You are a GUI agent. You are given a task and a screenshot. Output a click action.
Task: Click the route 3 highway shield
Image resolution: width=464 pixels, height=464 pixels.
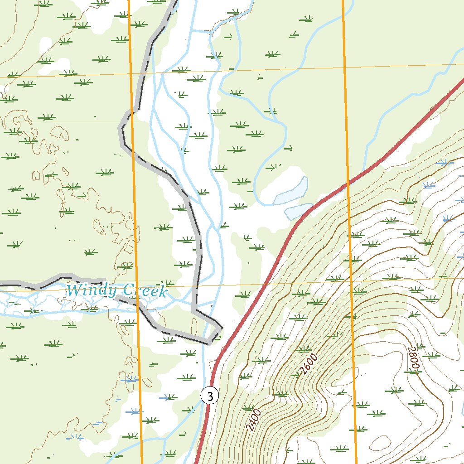tap(209, 396)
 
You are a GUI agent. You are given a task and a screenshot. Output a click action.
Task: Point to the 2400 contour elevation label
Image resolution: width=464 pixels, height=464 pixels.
tap(254, 419)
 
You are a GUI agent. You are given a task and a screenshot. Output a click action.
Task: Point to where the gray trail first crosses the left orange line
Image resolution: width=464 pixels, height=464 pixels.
tap(132, 110)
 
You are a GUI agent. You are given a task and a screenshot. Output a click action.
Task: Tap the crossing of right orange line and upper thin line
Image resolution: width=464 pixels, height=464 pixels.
tap(344, 68)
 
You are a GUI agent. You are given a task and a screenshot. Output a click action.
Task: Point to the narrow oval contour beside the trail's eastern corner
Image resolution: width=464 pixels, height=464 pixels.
tap(195, 325)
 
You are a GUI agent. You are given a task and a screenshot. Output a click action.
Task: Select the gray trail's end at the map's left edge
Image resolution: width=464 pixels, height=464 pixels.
tap(1, 285)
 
